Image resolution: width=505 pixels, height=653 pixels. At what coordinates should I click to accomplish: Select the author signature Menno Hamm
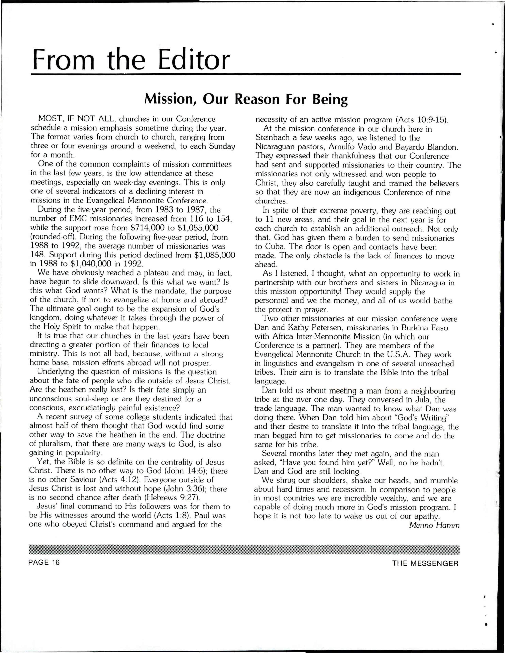(x=434, y=525)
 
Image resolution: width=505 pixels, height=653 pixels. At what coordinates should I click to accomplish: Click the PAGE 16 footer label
(x=44, y=563)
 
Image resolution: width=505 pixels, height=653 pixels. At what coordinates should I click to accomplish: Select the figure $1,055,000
(x=198, y=228)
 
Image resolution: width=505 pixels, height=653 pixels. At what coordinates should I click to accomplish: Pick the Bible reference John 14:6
(x=187, y=471)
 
